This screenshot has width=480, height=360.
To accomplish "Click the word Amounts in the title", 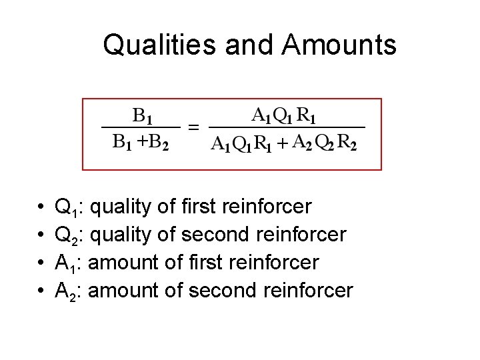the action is tap(339, 45).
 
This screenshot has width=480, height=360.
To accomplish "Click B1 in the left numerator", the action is tap(141, 116).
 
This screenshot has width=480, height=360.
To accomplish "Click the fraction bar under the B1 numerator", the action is tap(141, 127).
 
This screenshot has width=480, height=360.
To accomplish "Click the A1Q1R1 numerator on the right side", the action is tap(283, 115).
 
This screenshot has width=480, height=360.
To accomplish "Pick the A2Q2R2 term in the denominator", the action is tap(325, 142).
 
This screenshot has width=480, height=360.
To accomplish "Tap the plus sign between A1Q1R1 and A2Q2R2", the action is tap(282, 143).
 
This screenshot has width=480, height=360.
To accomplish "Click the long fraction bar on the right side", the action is tap(287, 127).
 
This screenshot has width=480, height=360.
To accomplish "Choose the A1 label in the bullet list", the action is tap(67, 263).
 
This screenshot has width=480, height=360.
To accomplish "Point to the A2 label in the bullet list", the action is tap(67, 291).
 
